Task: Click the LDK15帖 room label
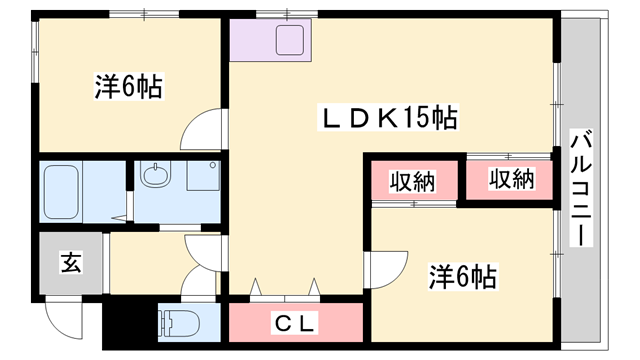[x=389, y=117]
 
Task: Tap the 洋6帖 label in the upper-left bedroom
[x=129, y=86]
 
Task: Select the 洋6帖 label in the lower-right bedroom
[x=463, y=276]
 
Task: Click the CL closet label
[x=295, y=324]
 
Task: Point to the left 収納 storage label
[x=413, y=181]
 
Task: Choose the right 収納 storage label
[x=512, y=179]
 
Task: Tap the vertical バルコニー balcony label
[x=581, y=189]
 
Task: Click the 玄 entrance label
[x=71, y=262]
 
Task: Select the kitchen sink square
[x=290, y=40]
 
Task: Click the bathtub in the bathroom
[x=61, y=192]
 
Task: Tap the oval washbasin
[x=154, y=175]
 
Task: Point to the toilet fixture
[x=180, y=322]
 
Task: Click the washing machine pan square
[x=203, y=176]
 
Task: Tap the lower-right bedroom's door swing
[x=387, y=270]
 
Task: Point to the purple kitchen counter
[x=271, y=40]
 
